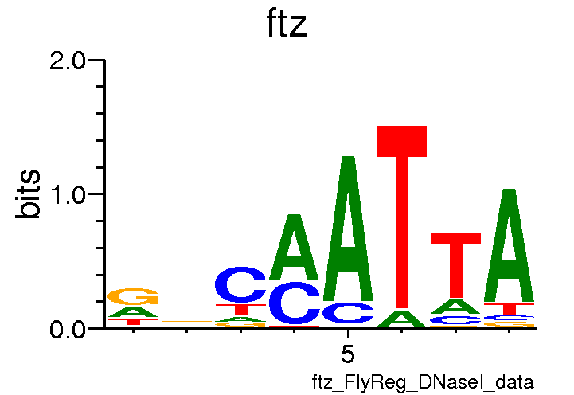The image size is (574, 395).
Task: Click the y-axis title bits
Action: pos(29,194)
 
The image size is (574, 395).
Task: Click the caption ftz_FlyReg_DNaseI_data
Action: pos(422,382)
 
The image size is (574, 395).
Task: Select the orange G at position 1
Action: pos(133,296)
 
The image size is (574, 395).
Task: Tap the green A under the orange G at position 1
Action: pos(133,312)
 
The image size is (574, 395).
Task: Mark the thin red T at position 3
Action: pos(240,309)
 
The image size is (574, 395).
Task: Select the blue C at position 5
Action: pos(348,313)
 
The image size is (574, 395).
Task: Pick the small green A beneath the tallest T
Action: pos(401,319)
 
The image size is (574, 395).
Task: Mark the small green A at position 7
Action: pos(455,307)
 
